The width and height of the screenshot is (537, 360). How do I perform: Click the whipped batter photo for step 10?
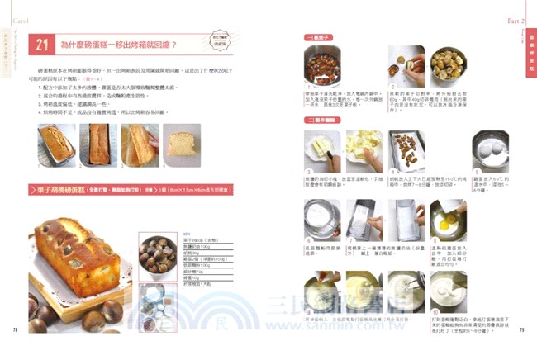(447, 290)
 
